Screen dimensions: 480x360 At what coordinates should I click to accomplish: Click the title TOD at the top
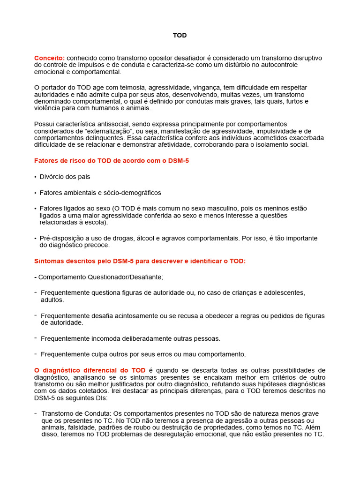click(x=180, y=35)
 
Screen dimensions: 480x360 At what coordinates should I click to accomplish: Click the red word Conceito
click(x=49, y=58)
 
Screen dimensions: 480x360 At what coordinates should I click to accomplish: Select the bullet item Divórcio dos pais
click(x=65, y=177)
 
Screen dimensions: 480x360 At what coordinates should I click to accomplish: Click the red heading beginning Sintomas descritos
click(x=140, y=261)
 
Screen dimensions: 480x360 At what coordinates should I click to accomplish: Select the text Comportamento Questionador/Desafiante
click(x=100, y=277)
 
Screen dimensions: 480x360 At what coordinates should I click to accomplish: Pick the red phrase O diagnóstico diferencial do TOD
click(x=90, y=370)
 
